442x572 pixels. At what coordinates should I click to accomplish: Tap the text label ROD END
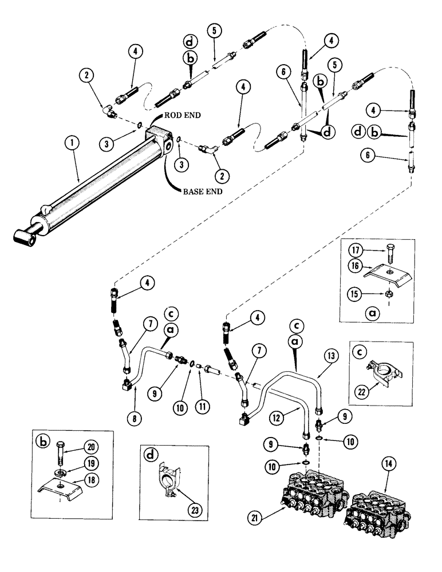click(x=183, y=114)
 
